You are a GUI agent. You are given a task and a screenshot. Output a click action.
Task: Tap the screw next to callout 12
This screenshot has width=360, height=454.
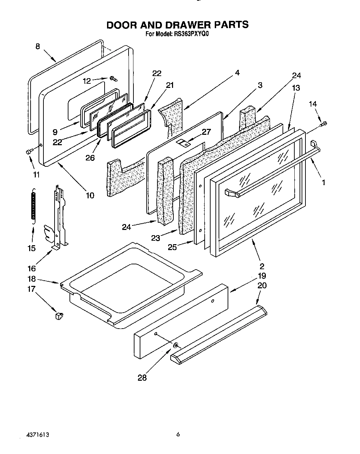click(113, 79)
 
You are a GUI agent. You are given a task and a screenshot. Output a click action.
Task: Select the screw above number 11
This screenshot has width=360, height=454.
click(29, 151)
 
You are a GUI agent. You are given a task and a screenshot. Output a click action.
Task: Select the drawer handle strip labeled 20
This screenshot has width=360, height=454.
click(219, 333)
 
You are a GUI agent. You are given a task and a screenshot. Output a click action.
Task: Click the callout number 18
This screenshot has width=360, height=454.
click(32, 279)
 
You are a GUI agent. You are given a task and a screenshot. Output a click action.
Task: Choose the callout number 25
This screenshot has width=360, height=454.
click(172, 247)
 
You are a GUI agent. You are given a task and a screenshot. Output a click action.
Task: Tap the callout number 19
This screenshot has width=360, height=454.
click(262, 276)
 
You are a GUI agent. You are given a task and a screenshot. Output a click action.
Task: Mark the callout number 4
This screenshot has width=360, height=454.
click(237, 73)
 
